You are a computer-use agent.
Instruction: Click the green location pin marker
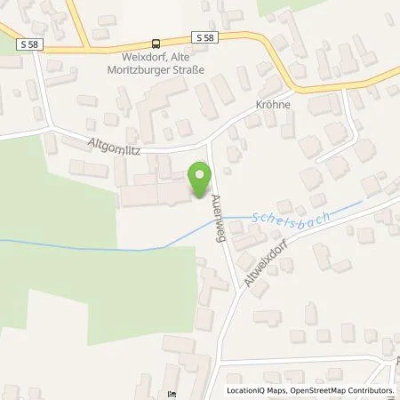[201, 180]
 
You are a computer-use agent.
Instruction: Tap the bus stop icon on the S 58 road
[157, 42]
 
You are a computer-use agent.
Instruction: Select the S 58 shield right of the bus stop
[202, 36]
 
